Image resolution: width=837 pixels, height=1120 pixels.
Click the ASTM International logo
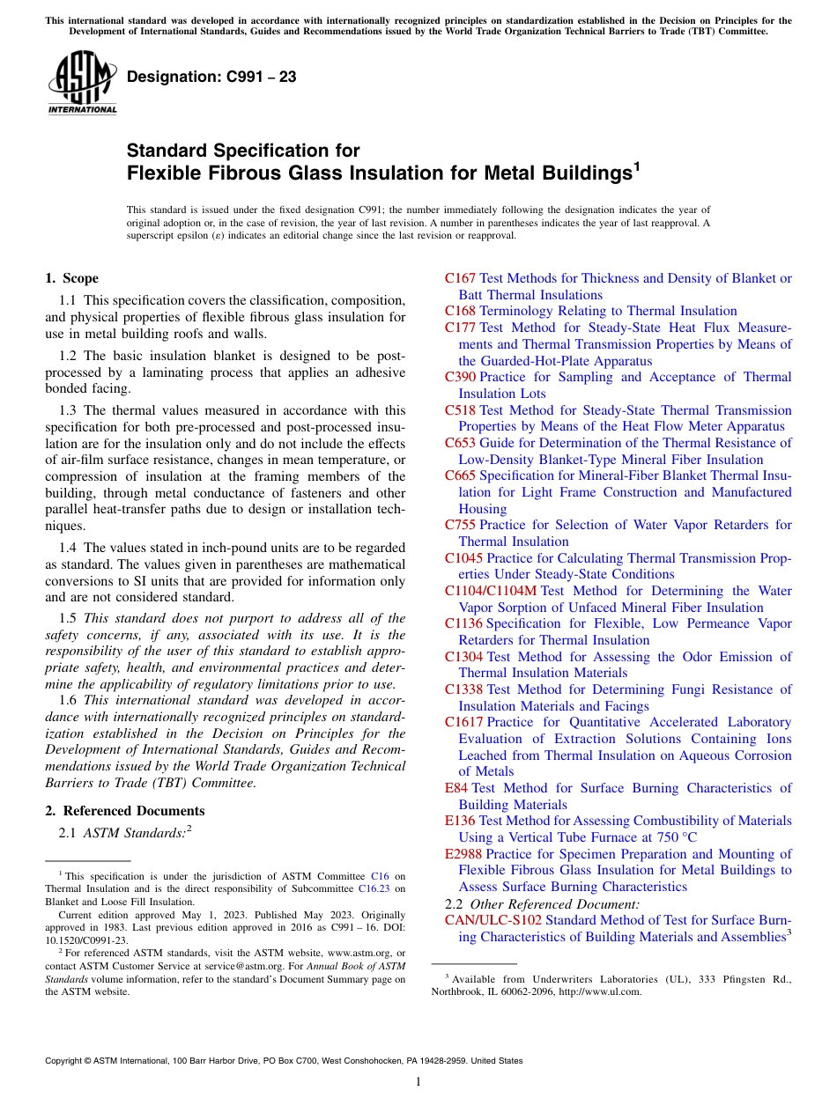(x=82, y=85)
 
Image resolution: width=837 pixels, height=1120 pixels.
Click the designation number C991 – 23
(x=211, y=77)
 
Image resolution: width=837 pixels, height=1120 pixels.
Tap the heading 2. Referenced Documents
(x=124, y=811)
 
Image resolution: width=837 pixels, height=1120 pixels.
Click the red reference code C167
(x=460, y=278)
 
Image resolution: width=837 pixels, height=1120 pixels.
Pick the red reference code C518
(x=460, y=410)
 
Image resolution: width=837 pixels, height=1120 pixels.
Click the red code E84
(x=456, y=788)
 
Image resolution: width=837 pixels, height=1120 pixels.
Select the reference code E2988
(x=463, y=854)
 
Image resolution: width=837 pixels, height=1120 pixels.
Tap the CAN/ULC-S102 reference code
(x=493, y=920)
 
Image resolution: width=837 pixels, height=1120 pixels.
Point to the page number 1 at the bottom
(x=418, y=1081)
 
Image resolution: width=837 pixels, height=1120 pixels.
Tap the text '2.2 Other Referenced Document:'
(x=542, y=904)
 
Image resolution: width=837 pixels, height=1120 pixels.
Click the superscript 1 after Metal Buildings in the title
(x=637, y=165)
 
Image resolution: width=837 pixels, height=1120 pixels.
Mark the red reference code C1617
(x=463, y=722)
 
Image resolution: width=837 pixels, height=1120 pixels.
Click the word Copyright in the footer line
(x=63, y=1061)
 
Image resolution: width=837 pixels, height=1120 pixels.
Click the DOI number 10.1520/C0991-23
(x=86, y=939)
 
